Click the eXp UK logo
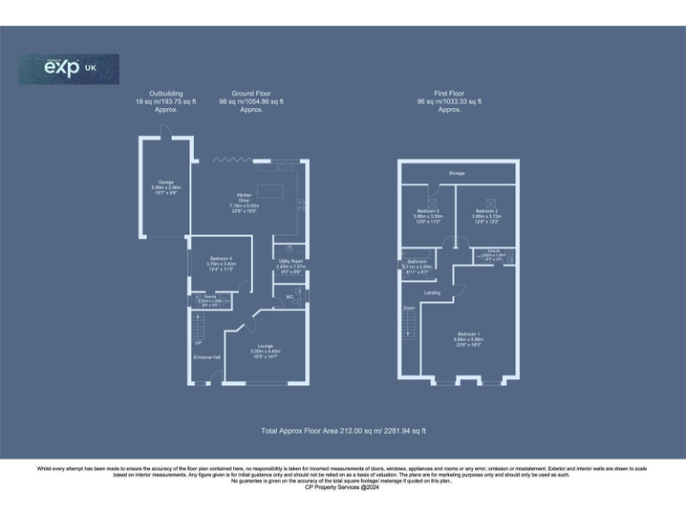click(69, 69)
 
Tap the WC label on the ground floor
click(289, 297)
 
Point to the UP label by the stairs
click(197, 341)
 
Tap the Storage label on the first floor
click(457, 173)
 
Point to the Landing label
click(431, 292)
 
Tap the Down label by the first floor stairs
click(409, 308)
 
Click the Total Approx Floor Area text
click(343, 430)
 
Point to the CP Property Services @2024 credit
click(343, 487)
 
